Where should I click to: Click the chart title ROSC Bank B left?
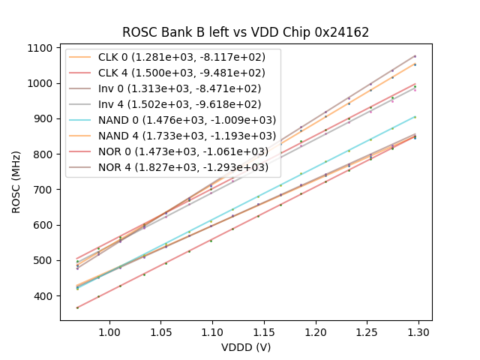tap(246, 33)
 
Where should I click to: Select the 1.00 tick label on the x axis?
tap(109, 331)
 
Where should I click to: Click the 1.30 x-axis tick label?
tap(418, 331)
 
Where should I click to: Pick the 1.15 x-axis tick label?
tap(264, 331)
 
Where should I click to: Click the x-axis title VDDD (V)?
tap(246, 347)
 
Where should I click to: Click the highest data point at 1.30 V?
tap(415, 56)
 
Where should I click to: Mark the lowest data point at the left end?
tap(77, 307)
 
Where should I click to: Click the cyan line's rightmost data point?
tap(415, 117)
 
